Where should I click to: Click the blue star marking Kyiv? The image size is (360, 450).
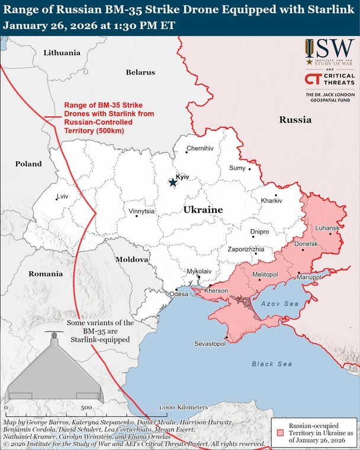coord(172,182)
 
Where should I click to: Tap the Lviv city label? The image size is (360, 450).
coord(62,196)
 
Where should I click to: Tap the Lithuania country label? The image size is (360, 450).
coord(62,53)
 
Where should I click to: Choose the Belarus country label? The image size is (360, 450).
coord(140,72)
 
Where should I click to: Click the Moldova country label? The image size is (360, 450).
coord(131,260)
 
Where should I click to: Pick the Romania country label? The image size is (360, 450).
coord(46,274)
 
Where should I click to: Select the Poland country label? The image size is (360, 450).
coord(28,163)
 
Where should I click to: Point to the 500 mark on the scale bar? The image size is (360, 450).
coord(86,408)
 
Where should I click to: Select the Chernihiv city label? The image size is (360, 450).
coord(200,149)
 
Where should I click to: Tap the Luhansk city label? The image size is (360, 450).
coord(327,228)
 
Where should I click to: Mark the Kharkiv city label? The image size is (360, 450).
coord(272,201)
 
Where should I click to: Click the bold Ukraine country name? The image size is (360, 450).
coord(203,210)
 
